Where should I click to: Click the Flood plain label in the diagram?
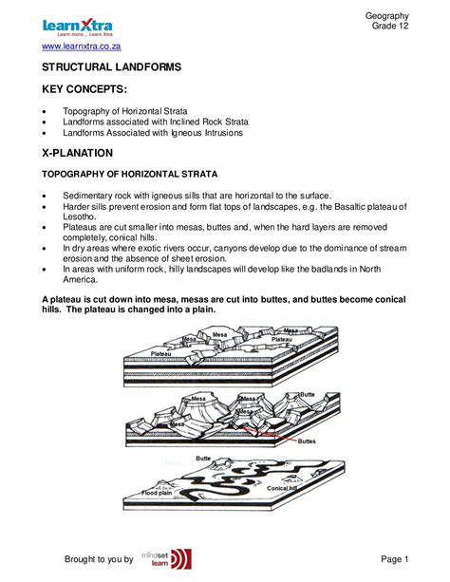point(157,494)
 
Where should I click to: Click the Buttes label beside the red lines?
point(308,441)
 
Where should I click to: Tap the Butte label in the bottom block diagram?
point(203,459)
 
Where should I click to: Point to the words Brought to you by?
point(101,559)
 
